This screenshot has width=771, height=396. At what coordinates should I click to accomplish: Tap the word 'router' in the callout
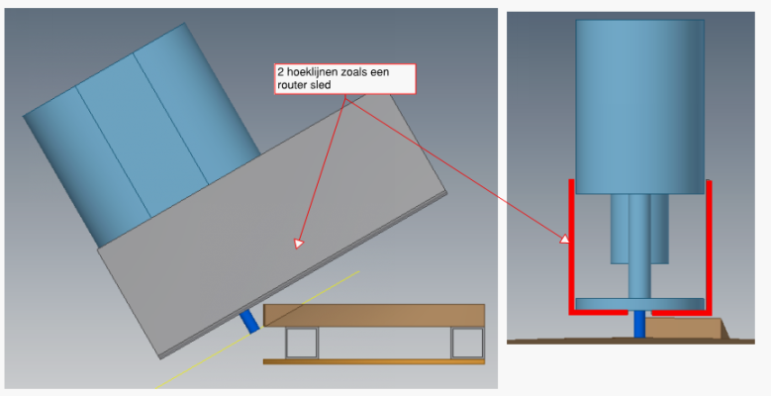pyautogui.click(x=292, y=85)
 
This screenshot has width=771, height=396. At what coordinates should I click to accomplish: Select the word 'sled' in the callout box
pyautogui.click(x=321, y=84)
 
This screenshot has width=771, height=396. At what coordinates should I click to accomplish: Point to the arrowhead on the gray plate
pyautogui.click(x=299, y=243)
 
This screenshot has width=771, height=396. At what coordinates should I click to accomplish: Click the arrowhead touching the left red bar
pyautogui.click(x=565, y=239)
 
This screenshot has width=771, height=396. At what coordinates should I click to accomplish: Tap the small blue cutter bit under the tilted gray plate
pyautogui.click(x=249, y=321)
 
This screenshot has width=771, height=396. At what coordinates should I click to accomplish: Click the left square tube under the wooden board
pyautogui.click(x=302, y=343)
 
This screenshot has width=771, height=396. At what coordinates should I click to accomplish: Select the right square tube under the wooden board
pyautogui.click(x=467, y=343)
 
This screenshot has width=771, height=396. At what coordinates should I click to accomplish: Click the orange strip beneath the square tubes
pyautogui.click(x=374, y=362)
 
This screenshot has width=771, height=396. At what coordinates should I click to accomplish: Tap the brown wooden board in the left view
pyautogui.click(x=374, y=316)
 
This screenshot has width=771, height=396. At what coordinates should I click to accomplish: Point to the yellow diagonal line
pyautogui.click(x=257, y=330)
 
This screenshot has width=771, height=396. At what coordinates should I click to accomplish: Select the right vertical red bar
pyautogui.click(x=709, y=246)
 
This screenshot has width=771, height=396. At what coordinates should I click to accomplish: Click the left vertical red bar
pyautogui.click(x=571, y=246)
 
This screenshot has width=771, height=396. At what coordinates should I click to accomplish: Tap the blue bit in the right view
pyautogui.click(x=639, y=324)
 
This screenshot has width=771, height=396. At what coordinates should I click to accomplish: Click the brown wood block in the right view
pyautogui.click(x=686, y=328)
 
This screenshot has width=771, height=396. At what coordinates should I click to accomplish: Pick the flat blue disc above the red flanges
pyautogui.click(x=639, y=304)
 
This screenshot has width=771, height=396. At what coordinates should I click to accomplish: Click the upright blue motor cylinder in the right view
pyautogui.click(x=639, y=107)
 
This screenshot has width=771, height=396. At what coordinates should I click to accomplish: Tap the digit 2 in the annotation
pyautogui.click(x=281, y=72)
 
